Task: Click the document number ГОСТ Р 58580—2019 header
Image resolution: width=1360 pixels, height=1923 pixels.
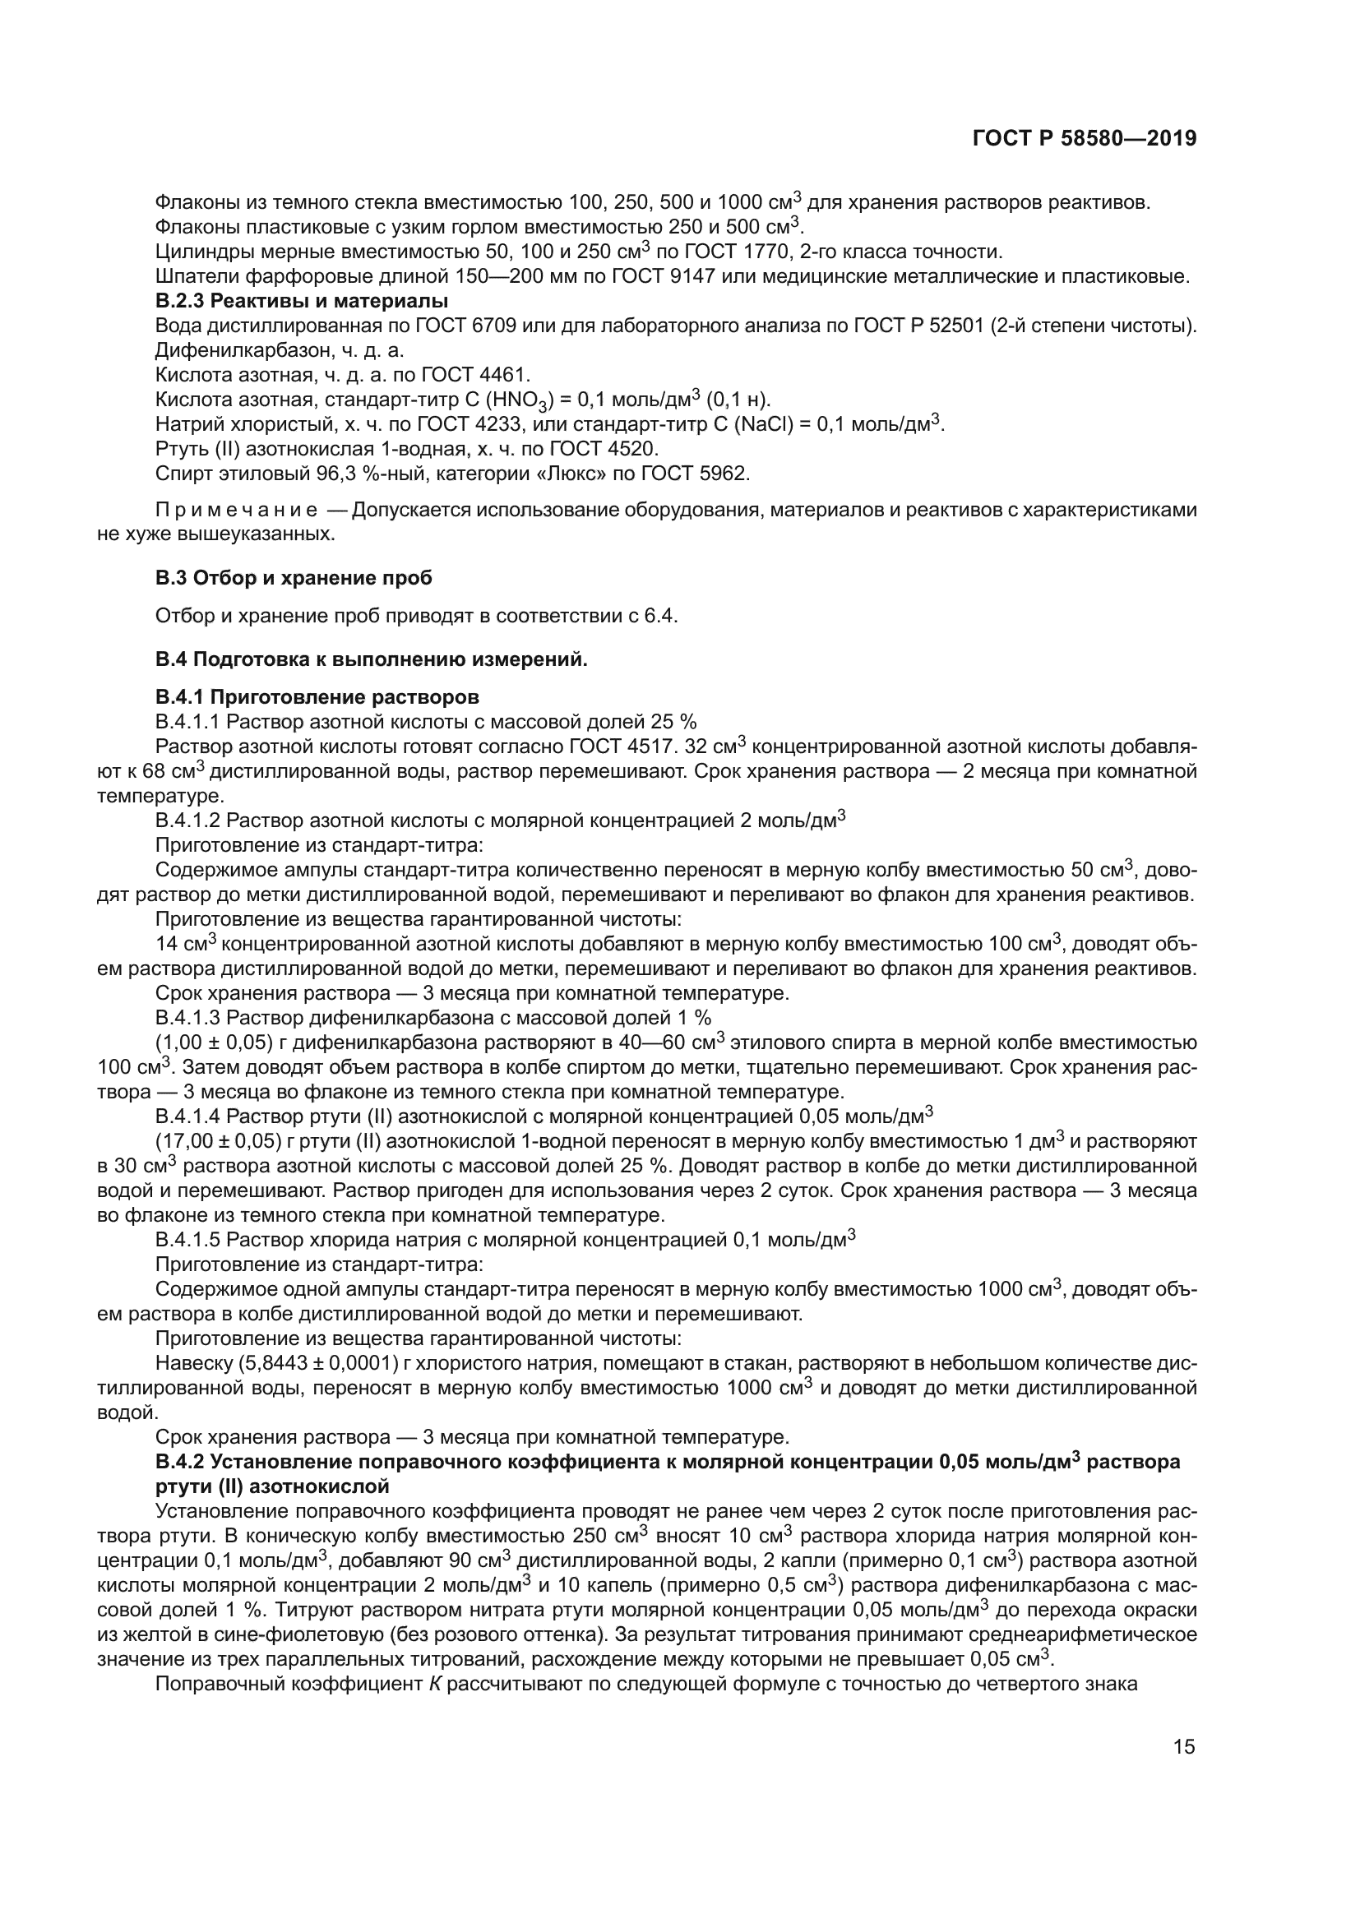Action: [x=1084, y=138]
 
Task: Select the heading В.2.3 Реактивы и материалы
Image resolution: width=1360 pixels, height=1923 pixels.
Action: [x=302, y=301]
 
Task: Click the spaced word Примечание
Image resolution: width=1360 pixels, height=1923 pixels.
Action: [x=237, y=510]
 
